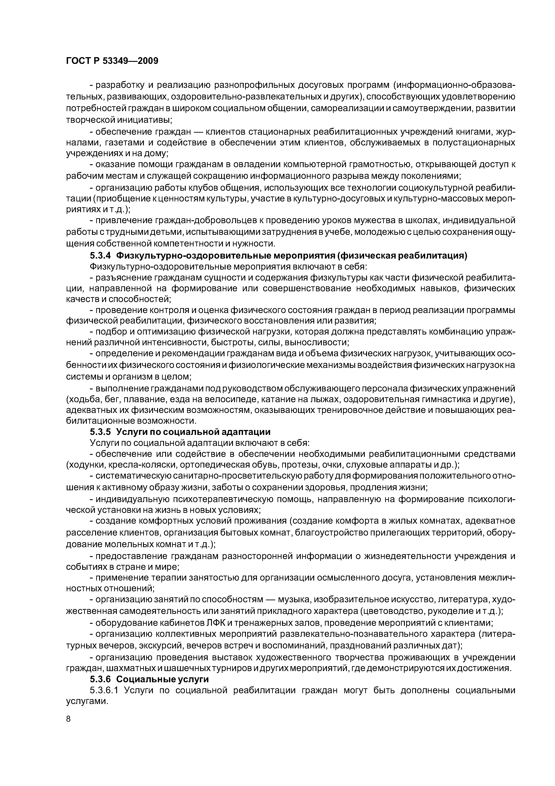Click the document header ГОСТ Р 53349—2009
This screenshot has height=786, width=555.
coord(112,61)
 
